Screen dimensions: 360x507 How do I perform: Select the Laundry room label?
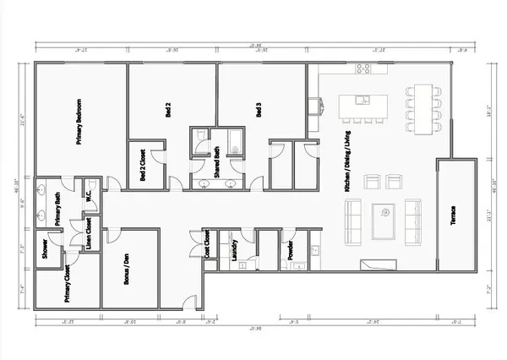click(x=232, y=250)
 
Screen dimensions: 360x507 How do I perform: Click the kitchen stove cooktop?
click(x=365, y=68)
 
